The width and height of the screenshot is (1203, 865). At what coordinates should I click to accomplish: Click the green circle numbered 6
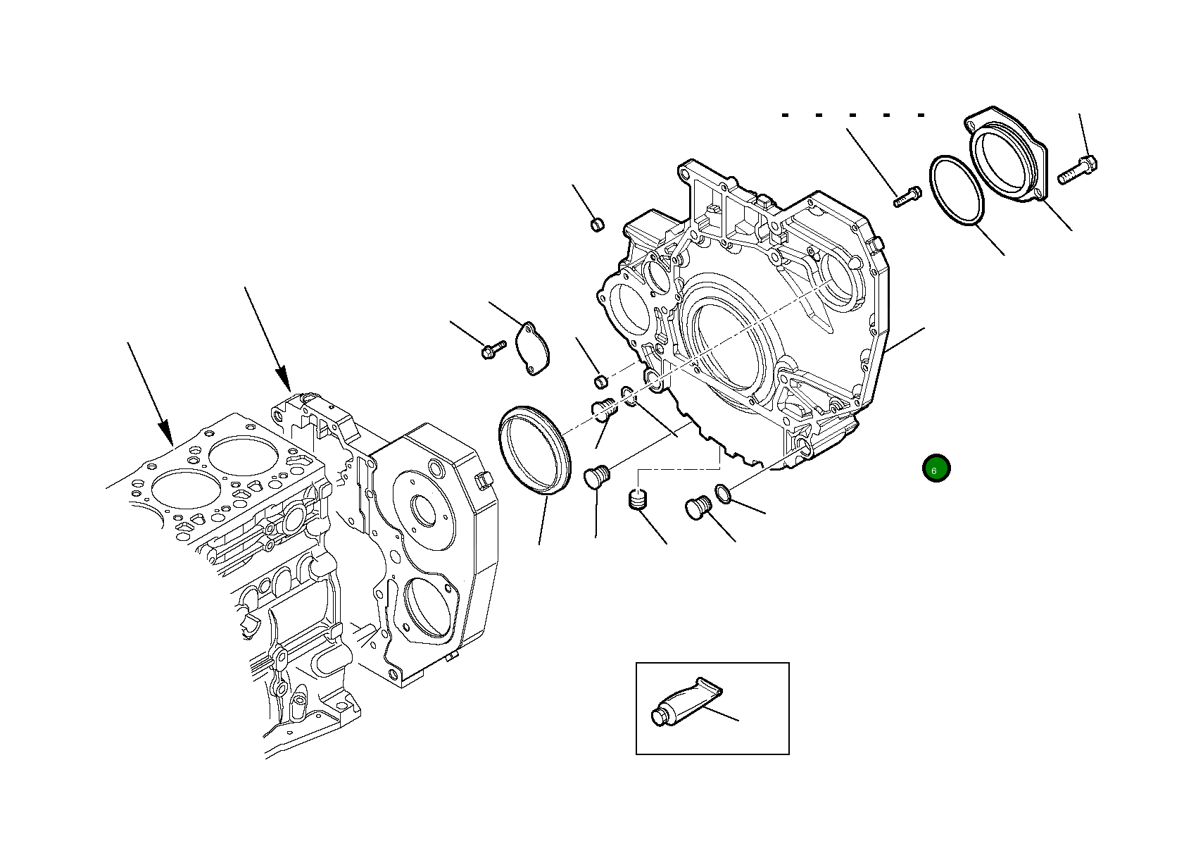pos(936,468)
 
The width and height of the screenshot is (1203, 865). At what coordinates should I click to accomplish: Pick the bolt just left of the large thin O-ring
pos(907,195)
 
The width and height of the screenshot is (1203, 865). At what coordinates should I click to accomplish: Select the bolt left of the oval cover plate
pos(492,348)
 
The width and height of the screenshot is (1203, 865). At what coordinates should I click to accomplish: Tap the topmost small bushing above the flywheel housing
pos(596,225)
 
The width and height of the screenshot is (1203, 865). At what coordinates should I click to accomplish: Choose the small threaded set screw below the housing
pos(638,501)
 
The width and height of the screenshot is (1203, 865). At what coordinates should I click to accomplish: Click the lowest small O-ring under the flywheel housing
pos(723,494)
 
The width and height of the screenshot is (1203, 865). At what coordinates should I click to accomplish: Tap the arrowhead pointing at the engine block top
pos(284,380)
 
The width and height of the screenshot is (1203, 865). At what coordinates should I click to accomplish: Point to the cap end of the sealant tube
pos(659,717)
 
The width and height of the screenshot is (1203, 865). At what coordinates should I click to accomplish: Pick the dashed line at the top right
pos(853,114)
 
